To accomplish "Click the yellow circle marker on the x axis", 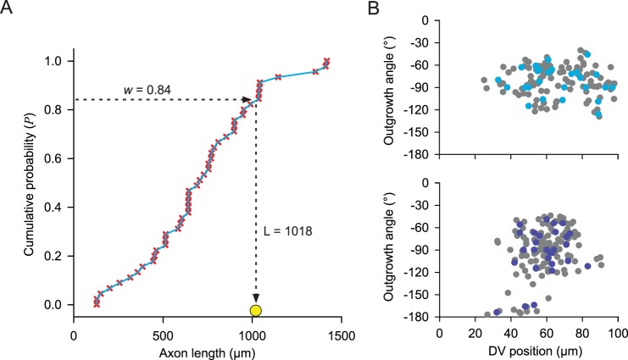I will (x=256, y=310).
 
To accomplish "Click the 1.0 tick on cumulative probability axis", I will (x=56, y=62).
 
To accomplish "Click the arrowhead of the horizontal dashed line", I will (x=248, y=100).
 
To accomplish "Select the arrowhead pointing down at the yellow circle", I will (x=256, y=296).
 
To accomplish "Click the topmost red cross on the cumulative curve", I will (x=326, y=61).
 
